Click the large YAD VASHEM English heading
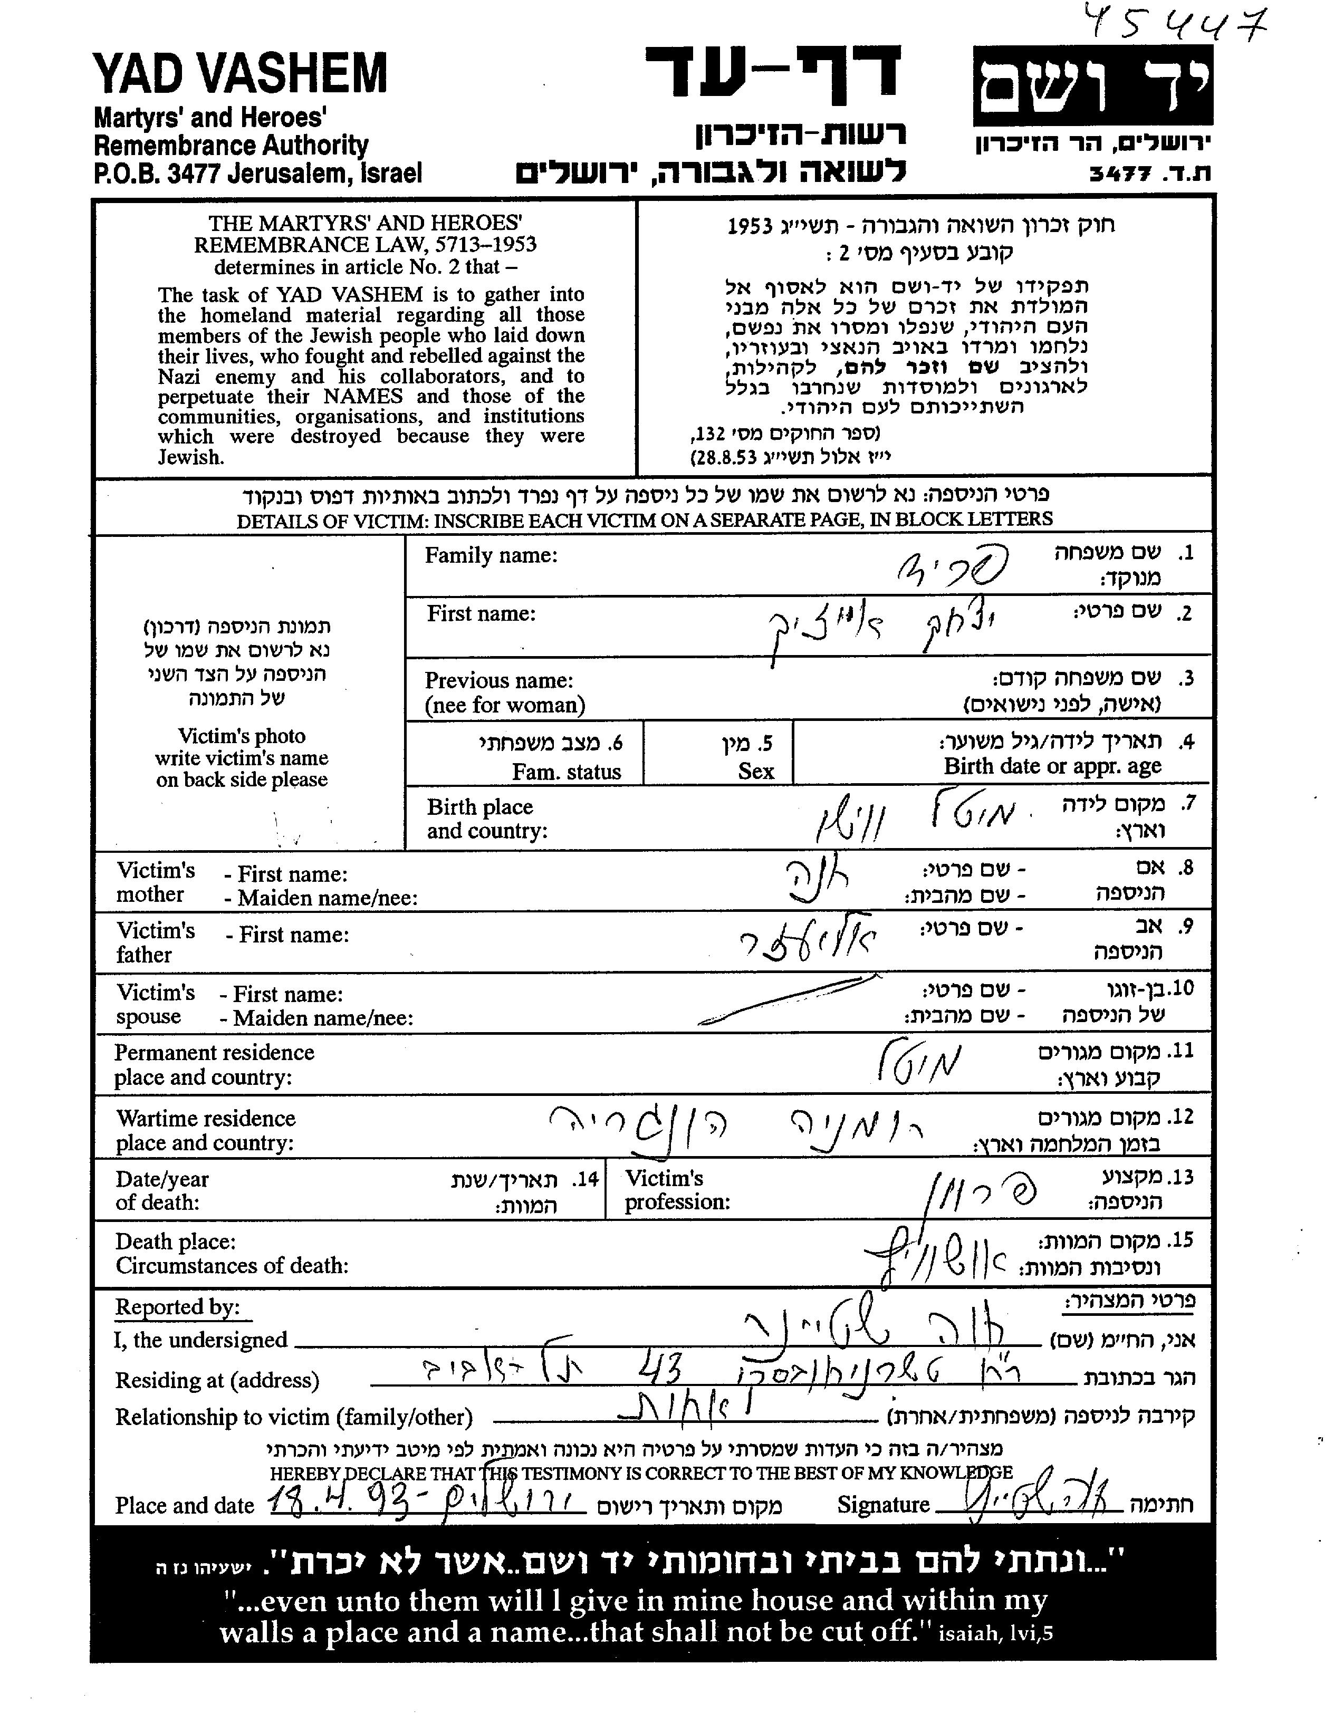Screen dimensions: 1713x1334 pyautogui.click(x=240, y=74)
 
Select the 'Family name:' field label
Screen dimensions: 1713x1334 pyautogui.click(x=491, y=556)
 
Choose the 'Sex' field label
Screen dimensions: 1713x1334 pyautogui.click(x=755, y=771)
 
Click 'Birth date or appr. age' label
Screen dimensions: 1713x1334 pyautogui.click(x=1052, y=766)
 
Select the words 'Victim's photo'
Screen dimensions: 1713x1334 pyautogui.click(x=242, y=736)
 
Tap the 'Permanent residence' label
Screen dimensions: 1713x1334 pyautogui.click(x=214, y=1053)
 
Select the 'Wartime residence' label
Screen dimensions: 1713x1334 pyautogui.click(x=206, y=1119)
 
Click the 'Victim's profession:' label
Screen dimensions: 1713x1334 pyautogui.click(x=677, y=1190)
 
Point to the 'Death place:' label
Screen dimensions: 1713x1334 pyautogui.click(x=175, y=1242)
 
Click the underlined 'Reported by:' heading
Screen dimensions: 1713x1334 pyautogui.click(x=177, y=1307)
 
